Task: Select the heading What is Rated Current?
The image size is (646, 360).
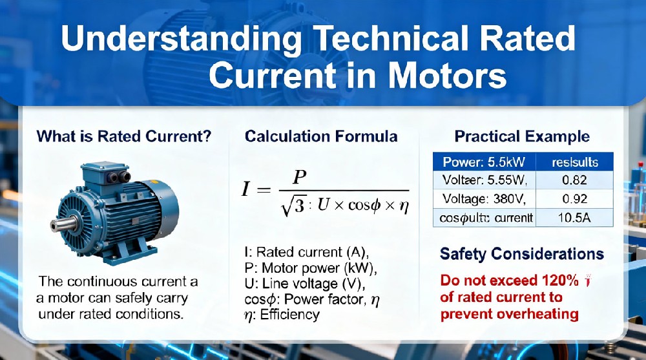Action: coord(124,136)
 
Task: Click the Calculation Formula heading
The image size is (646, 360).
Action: coord(321,136)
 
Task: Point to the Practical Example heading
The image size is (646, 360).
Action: coord(522,136)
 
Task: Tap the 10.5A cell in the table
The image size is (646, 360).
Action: coord(574,218)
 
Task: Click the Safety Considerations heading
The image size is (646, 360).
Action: coord(522,254)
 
